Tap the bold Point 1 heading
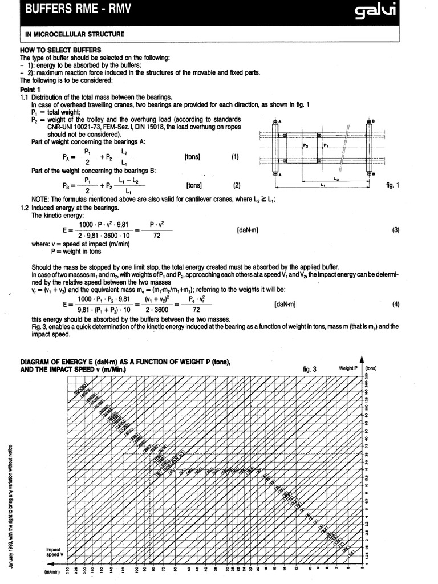[30, 90]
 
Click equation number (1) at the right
[236, 156]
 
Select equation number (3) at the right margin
[395, 229]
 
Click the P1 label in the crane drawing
[326, 146]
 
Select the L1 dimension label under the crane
[323, 185]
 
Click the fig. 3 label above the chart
[310, 369]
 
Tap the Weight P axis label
[348, 368]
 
